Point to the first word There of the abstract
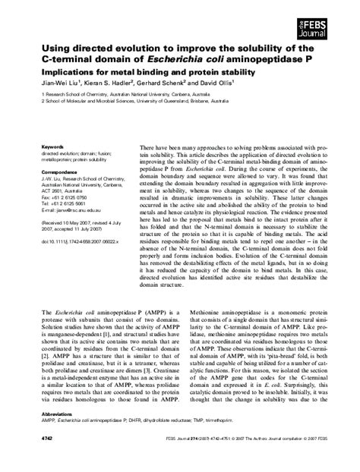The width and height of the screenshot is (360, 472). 149,145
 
